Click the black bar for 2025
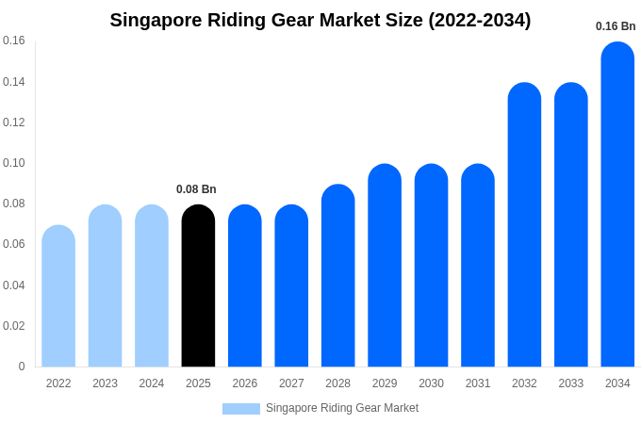(198, 286)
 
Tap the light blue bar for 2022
(58, 296)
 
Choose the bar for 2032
(524, 225)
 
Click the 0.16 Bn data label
(616, 26)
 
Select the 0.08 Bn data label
(196, 189)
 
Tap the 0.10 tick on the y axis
(14, 163)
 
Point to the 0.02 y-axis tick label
(14, 326)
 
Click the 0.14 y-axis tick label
(14, 82)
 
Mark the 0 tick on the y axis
(22, 367)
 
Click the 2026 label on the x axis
(245, 383)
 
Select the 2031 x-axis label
(478, 383)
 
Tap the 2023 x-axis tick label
(105, 383)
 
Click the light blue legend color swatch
(240, 409)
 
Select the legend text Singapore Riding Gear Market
(342, 408)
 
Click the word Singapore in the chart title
(156, 20)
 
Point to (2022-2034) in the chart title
(479, 20)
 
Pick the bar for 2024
(152, 286)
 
